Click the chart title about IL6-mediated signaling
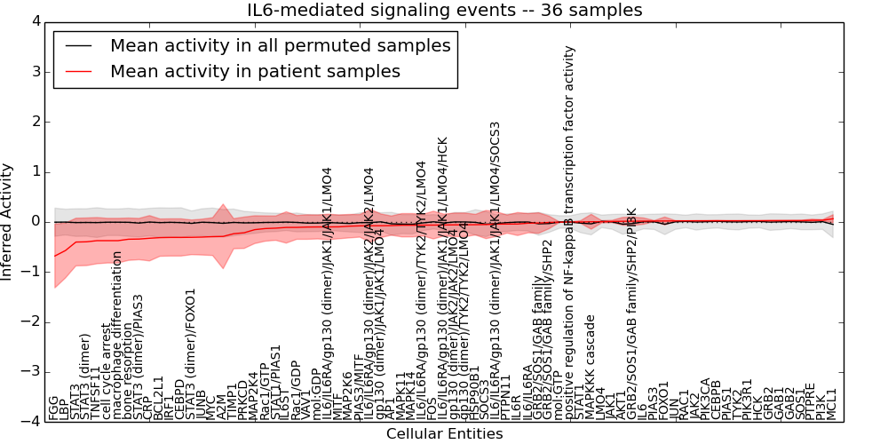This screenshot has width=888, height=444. (x=444, y=10)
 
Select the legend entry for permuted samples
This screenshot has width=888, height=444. (x=280, y=45)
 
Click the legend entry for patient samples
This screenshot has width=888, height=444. (x=255, y=71)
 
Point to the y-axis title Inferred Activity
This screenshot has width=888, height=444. (x=8, y=221)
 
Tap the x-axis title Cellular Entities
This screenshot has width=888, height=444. (x=444, y=434)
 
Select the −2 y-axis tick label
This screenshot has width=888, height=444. (x=32, y=322)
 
